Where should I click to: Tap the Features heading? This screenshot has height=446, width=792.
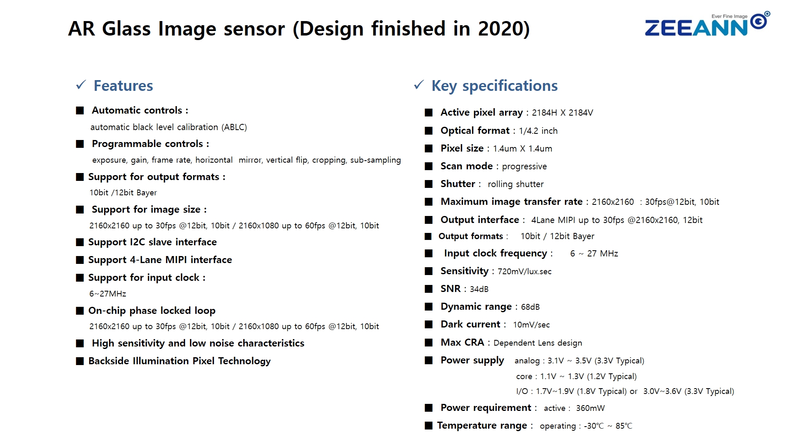(123, 85)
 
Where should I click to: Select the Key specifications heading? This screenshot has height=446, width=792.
(494, 86)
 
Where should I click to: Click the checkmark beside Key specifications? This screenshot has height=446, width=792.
(419, 85)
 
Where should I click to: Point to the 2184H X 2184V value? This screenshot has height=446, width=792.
(562, 113)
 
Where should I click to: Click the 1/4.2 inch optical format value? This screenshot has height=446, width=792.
(538, 131)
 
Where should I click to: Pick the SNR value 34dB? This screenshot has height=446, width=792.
(479, 289)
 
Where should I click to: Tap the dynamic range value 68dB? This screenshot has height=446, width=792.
(530, 307)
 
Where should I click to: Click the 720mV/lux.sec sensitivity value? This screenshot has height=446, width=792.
(524, 271)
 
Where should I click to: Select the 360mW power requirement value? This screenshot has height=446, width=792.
(590, 408)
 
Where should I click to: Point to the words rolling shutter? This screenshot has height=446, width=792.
(516, 184)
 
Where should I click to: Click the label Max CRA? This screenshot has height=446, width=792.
(462, 342)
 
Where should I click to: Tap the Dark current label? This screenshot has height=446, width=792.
(470, 324)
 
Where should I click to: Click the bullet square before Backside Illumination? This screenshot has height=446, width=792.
(80, 361)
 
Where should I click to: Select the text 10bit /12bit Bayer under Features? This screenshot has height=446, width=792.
(123, 192)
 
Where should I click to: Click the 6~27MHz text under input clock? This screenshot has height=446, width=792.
(108, 294)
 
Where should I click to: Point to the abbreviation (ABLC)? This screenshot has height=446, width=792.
(234, 127)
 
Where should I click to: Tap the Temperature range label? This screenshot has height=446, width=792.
(482, 425)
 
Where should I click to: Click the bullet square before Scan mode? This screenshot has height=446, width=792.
(429, 166)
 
